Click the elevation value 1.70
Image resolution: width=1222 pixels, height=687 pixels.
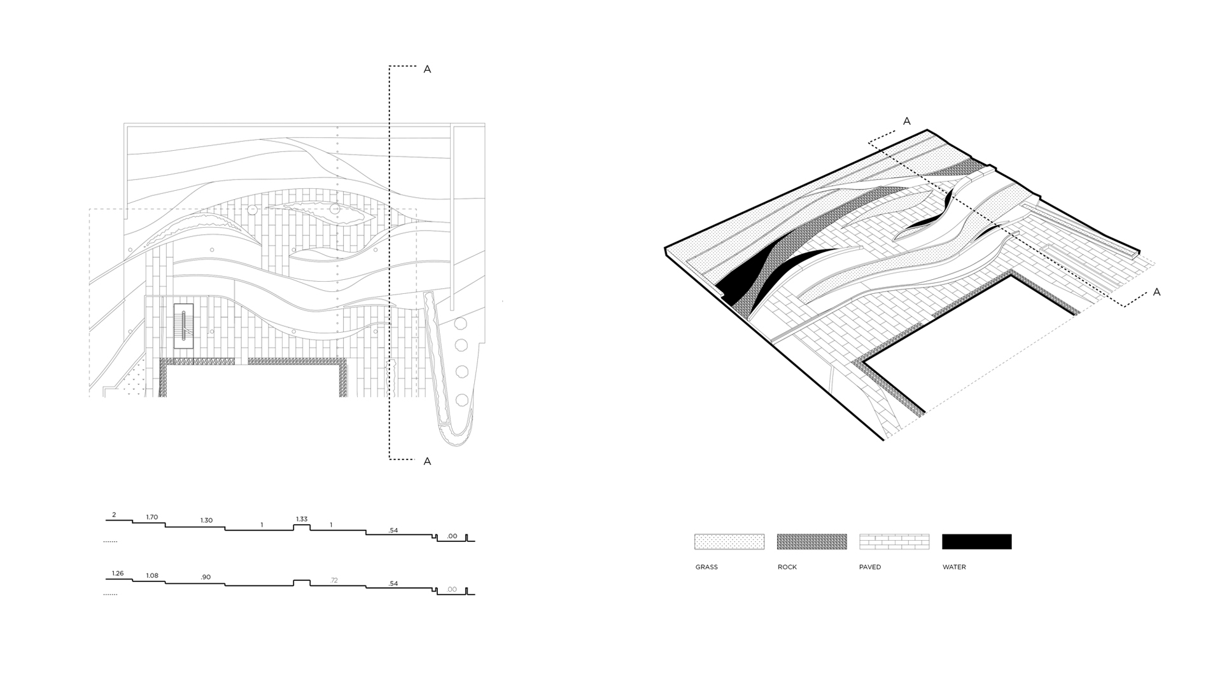pyautogui.click(x=151, y=517)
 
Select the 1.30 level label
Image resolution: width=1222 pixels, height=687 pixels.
pyautogui.click(x=206, y=520)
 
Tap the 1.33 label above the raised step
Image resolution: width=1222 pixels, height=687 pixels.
pyautogui.click(x=302, y=519)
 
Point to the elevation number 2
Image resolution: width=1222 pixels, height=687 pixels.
pyautogui.click(x=114, y=515)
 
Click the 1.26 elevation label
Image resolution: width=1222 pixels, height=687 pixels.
pyautogui.click(x=118, y=574)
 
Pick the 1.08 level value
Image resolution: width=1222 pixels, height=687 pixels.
pyautogui.click(x=152, y=576)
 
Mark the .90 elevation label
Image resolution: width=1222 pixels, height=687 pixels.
pyautogui.click(x=206, y=578)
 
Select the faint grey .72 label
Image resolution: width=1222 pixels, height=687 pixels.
pyautogui.click(x=334, y=580)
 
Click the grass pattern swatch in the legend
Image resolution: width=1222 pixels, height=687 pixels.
pyautogui.click(x=729, y=541)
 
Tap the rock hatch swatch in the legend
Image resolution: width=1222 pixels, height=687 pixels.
pyautogui.click(x=811, y=541)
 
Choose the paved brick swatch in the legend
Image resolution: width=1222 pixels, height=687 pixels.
pyautogui.click(x=894, y=541)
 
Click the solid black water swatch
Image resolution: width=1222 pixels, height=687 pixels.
pyautogui.click(x=976, y=541)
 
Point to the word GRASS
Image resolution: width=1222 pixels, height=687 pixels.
pyautogui.click(x=706, y=567)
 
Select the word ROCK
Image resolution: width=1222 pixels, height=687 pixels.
pyautogui.click(x=787, y=567)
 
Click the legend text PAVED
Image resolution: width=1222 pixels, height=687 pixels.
pyautogui.click(x=870, y=567)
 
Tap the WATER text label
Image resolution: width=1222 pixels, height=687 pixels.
pyautogui.click(x=954, y=567)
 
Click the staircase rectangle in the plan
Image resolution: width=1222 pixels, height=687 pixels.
pyautogui.click(x=183, y=326)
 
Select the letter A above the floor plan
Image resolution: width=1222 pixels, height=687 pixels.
pyautogui.click(x=427, y=69)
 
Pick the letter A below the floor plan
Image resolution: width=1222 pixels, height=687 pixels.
pyautogui.click(x=427, y=461)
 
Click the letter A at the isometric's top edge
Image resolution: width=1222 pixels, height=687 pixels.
pyautogui.click(x=907, y=121)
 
